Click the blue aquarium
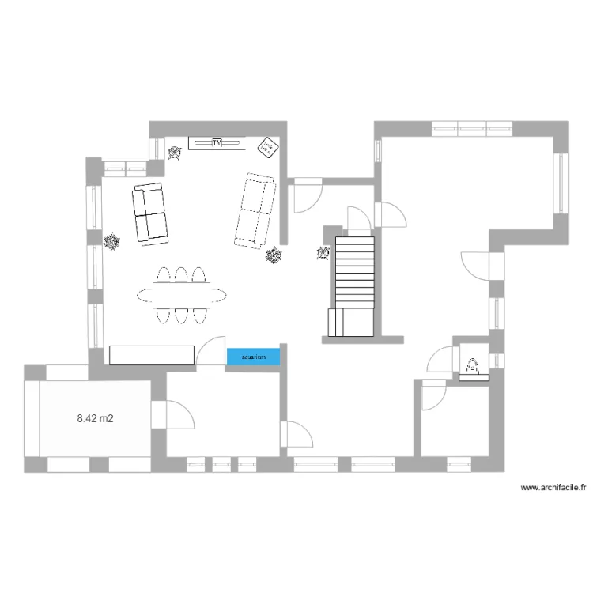(253, 357)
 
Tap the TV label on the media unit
(217, 142)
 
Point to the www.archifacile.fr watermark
(553, 488)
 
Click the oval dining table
(181, 296)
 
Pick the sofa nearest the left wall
(150, 213)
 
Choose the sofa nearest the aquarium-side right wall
(255, 210)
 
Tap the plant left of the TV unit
(176, 153)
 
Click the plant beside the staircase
(323, 253)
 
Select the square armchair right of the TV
(268, 145)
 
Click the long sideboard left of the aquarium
(152, 355)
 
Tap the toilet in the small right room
(473, 368)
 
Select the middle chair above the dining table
(181, 274)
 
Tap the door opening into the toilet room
(439, 361)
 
